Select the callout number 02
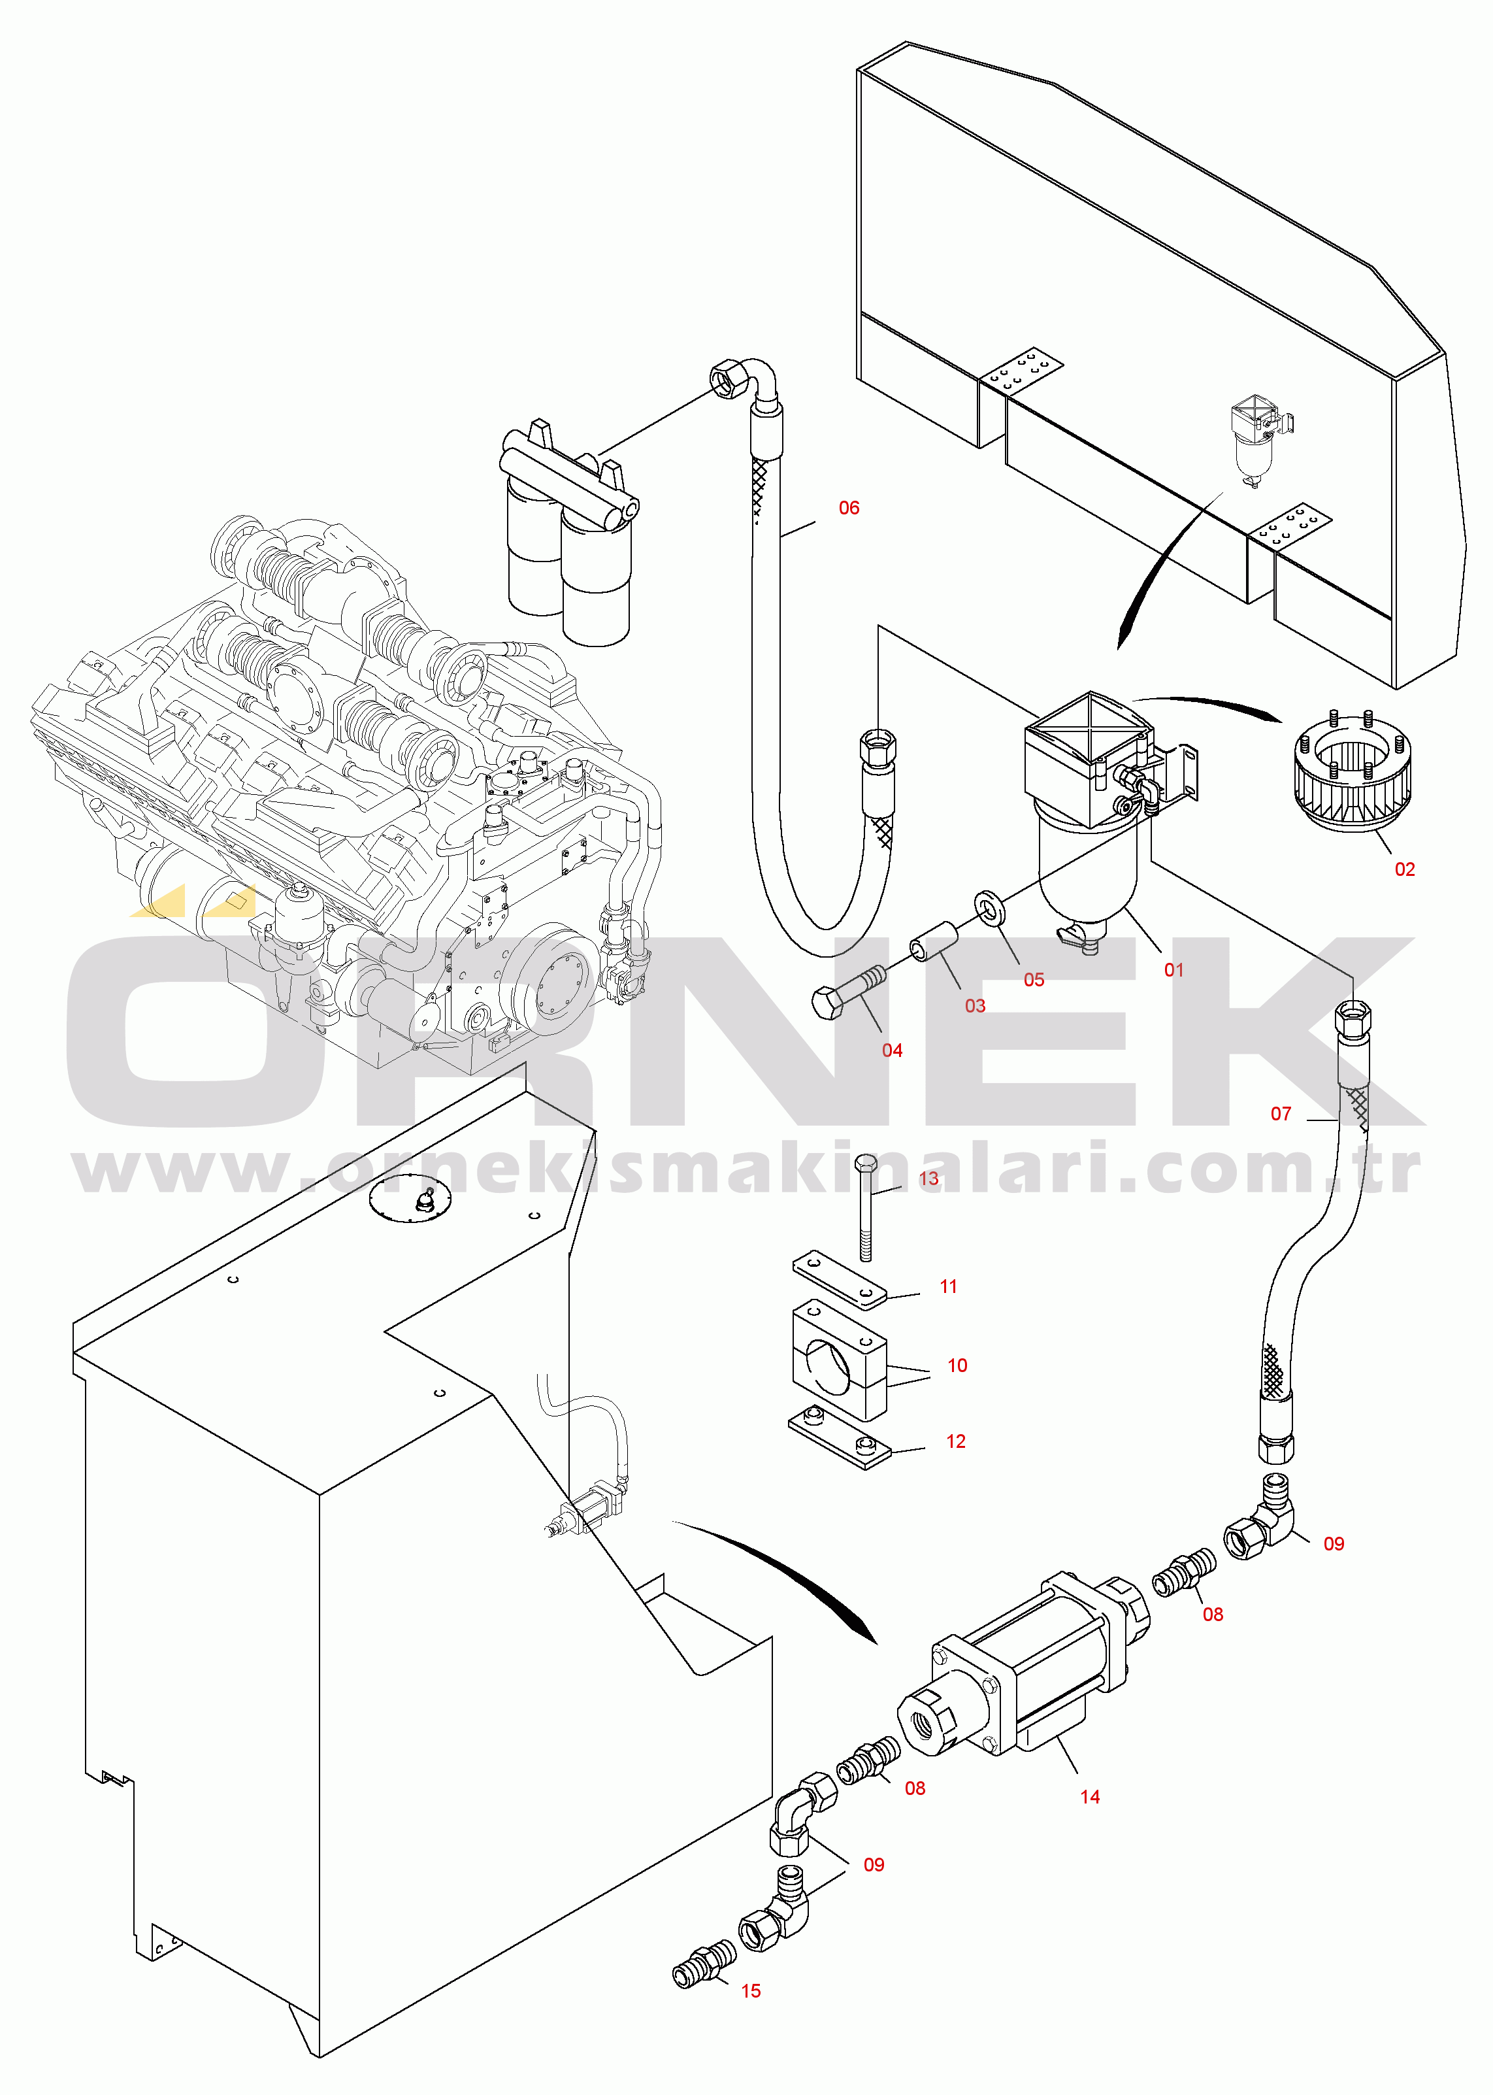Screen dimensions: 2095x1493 point(1404,869)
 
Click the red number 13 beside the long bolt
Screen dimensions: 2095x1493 point(928,1178)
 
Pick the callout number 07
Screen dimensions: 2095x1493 point(1281,1114)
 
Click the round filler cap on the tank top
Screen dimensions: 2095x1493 point(410,1201)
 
